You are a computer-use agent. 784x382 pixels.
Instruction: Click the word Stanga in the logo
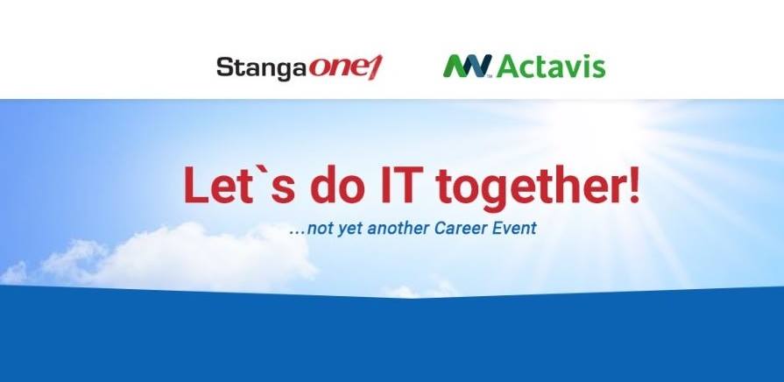tap(260, 68)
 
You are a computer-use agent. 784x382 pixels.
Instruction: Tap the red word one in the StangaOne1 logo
tap(337, 67)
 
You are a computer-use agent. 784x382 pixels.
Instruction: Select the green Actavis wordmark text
tap(552, 67)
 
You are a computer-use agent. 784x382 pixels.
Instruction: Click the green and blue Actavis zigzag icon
tap(468, 66)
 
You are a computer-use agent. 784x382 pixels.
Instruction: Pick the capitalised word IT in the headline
tap(399, 185)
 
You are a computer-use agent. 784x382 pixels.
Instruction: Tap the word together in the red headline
tap(524, 187)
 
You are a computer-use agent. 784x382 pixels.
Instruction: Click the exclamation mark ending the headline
tap(633, 185)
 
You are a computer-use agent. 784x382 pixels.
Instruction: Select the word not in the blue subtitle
tap(318, 229)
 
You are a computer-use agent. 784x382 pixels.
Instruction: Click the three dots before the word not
tap(298, 234)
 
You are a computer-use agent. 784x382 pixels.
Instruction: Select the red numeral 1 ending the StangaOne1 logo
tap(376, 67)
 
